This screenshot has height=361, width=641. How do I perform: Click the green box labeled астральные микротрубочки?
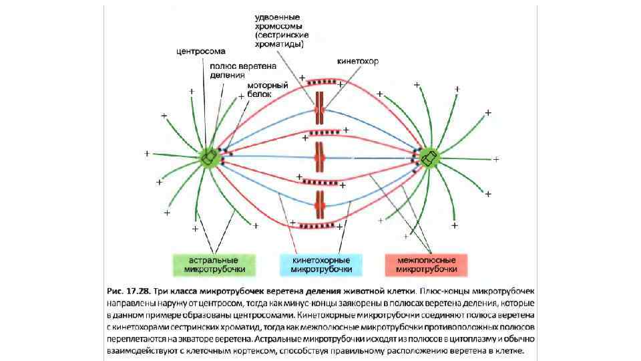(x=214, y=265)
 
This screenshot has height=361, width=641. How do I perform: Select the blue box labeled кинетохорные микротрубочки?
(x=320, y=265)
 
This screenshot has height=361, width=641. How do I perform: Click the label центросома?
(x=200, y=51)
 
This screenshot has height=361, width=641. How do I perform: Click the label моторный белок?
(x=267, y=90)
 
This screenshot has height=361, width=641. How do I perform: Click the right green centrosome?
(x=428, y=157)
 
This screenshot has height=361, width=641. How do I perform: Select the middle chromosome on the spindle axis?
(x=319, y=157)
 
